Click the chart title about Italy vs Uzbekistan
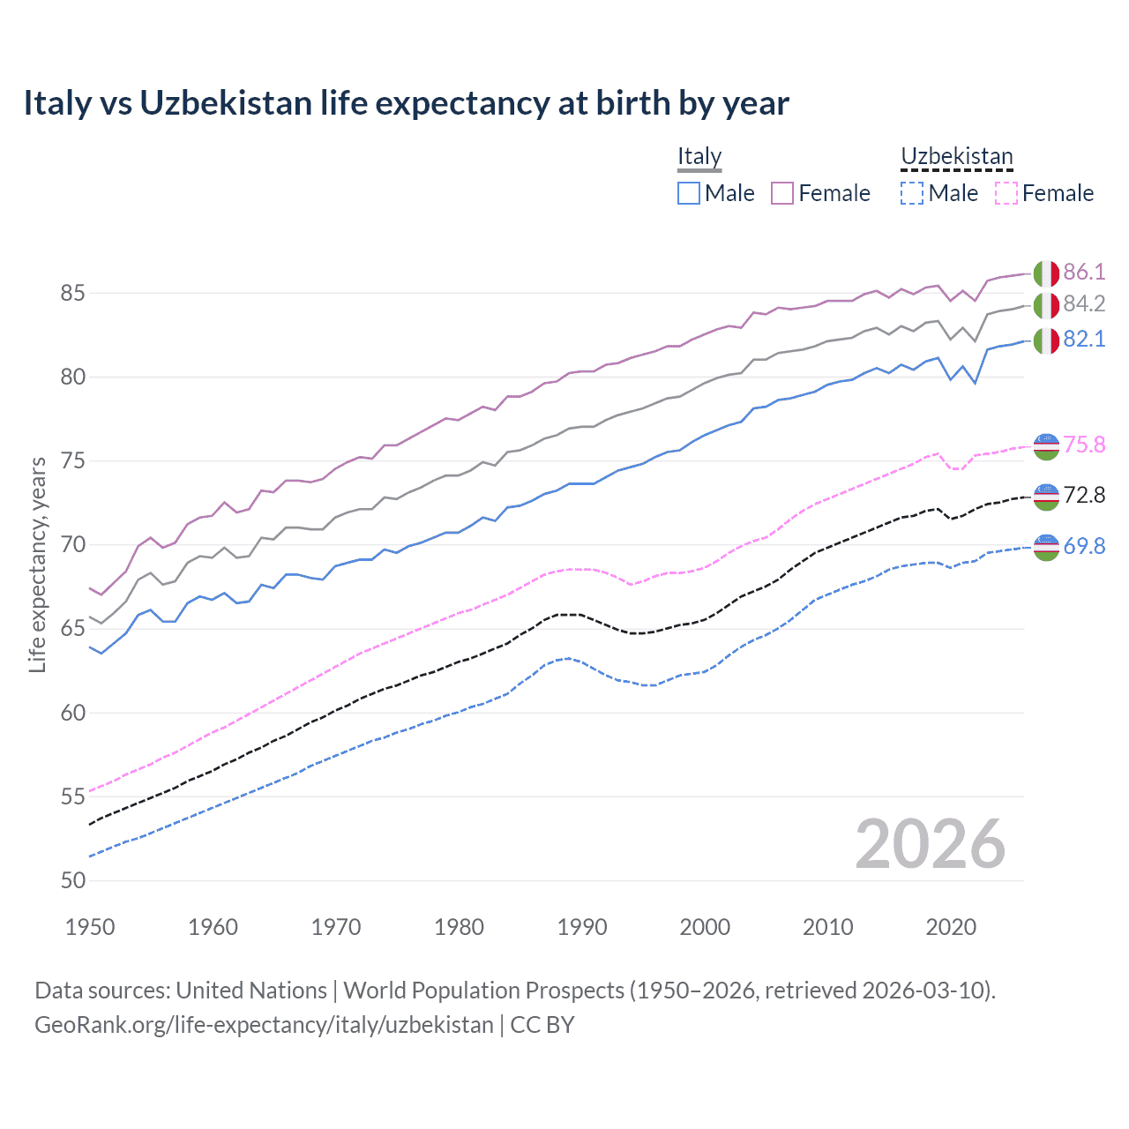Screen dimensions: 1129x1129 406,103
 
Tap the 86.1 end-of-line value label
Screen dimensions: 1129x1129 1084,272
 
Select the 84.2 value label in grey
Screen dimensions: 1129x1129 1084,304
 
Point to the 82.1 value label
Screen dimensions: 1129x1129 1084,340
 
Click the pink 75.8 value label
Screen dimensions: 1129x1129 1084,445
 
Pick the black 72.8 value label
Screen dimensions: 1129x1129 1084,496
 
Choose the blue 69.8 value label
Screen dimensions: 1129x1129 1084,547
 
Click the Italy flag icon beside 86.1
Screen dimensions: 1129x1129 1046,273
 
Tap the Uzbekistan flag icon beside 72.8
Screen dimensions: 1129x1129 1046,497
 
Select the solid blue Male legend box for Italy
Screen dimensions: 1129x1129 689,193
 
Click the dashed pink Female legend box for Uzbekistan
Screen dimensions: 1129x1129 1006,193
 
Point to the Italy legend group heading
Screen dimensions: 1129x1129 699,157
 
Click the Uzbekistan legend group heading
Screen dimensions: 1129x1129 956,157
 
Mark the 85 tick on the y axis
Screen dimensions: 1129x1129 72,293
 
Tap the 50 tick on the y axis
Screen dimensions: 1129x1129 72,880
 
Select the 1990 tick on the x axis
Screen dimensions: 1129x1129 582,927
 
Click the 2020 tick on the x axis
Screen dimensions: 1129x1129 951,927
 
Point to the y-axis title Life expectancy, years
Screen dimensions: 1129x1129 38,564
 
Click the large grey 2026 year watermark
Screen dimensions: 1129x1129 930,844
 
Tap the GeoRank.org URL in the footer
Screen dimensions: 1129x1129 264,1025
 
